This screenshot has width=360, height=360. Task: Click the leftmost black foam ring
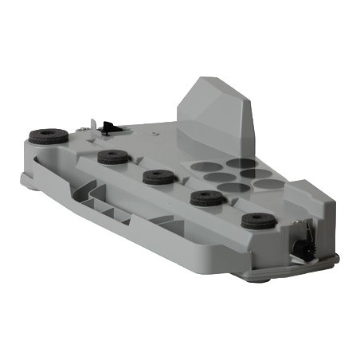(x=49, y=135)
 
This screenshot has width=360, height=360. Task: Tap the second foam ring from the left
(x=114, y=156)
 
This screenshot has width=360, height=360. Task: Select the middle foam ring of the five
(x=158, y=176)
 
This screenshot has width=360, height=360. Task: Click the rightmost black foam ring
(x=258, y=220)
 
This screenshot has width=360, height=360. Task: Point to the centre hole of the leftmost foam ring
(x=49, y=133)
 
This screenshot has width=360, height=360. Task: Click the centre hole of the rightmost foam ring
(x=258, y=217)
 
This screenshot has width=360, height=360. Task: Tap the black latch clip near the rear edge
(x=108, y=126)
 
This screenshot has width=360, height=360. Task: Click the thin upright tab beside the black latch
(x=95, y=124)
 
